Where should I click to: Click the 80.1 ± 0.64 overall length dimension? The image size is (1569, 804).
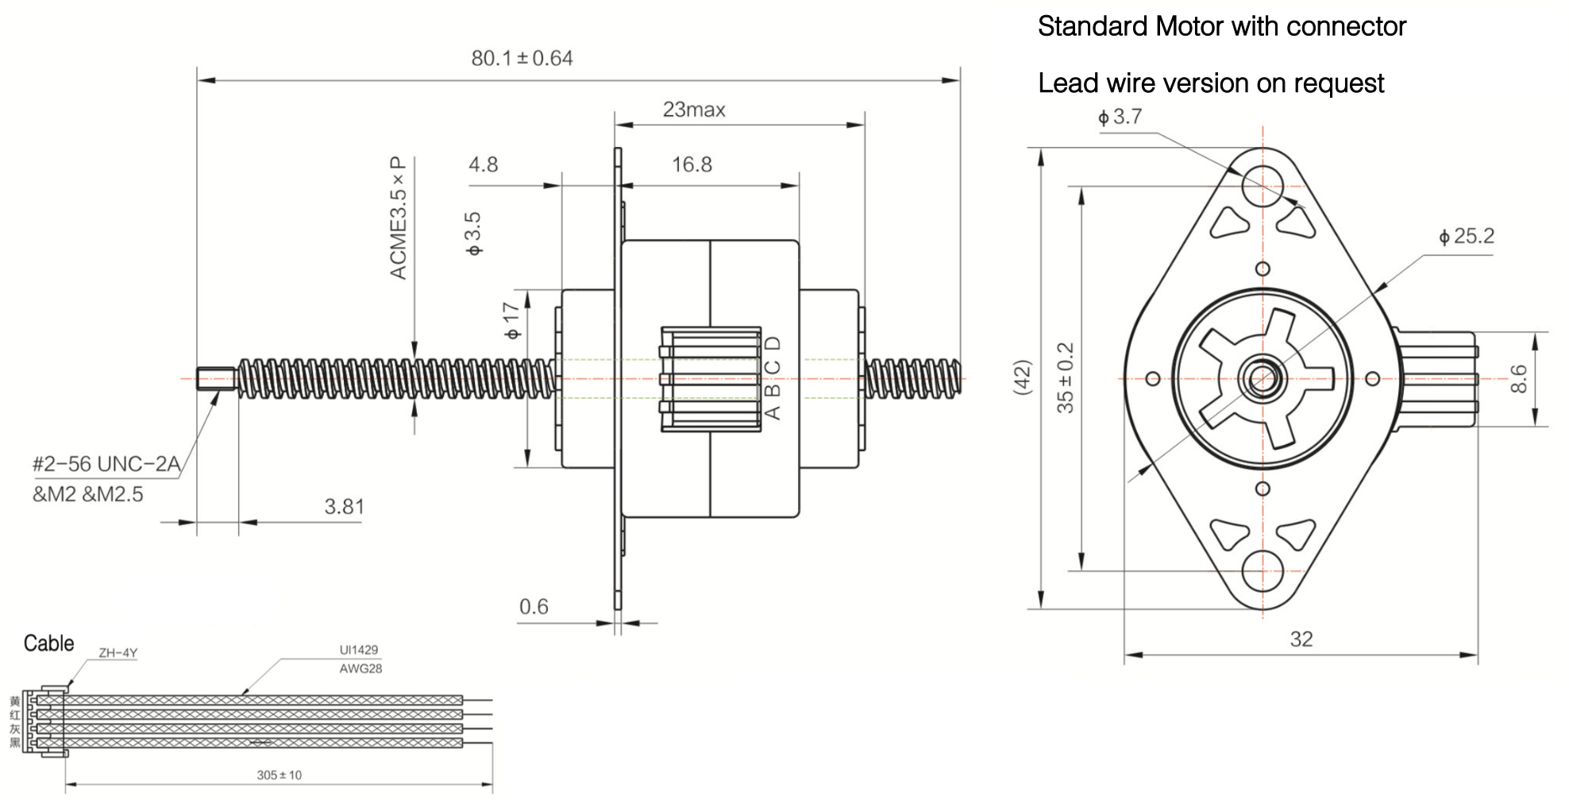point(522,59)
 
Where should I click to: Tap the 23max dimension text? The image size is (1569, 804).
point(694,110)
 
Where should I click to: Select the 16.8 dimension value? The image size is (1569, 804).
point(692,165)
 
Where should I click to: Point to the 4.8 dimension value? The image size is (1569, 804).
point(483,164)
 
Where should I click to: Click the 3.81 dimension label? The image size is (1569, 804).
point(344,507)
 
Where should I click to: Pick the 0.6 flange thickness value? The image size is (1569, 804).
point(534,607)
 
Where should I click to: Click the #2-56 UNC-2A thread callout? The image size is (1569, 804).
point(106,464)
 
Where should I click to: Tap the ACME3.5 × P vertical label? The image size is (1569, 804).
point(399,218)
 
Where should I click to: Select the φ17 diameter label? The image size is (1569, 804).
point(513,320)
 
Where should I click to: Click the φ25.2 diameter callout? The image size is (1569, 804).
point(1466,237)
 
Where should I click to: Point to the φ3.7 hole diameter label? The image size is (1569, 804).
point(1120,118)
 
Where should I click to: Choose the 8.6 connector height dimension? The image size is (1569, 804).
point(1517,378)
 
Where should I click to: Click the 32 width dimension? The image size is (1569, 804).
point(1301,640)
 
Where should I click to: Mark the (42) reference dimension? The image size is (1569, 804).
point(1024,377)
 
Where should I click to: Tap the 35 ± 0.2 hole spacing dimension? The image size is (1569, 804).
point(1066,377)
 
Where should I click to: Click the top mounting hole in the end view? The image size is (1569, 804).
point(1263,180)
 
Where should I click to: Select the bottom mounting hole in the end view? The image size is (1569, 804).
point(1263,571)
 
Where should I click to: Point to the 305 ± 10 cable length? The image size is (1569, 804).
point(279,775)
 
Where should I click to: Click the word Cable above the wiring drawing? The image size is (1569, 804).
point(49,644)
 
